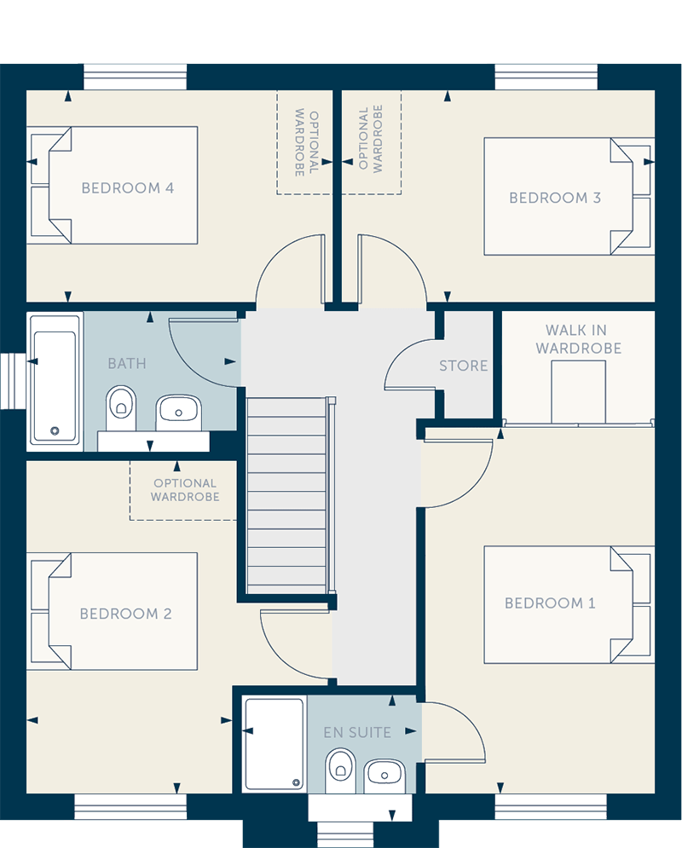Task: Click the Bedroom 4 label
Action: click(x=128, y=188)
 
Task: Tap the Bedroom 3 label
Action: click(x=555, y=198)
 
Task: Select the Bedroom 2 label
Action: click(x=125, y=614)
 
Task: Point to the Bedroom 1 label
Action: click(x=550, y=603)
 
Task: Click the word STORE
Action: click(x=463, y=366)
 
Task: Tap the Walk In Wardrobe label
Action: click(x=578, y=339)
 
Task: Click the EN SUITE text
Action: click(x=357, y=733)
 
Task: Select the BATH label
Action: click(x=127, y=363)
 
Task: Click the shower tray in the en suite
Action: click(x=275, y=744)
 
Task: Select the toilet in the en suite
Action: click(x=340, y=770)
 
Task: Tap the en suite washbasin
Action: click(x=384, y=776)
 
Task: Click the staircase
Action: click(x=286, y=495)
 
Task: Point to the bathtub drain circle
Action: click(x=55, y=430)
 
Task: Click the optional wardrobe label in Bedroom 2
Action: click(x=185, y=490)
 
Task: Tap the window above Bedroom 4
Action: click(x=136, y=77)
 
